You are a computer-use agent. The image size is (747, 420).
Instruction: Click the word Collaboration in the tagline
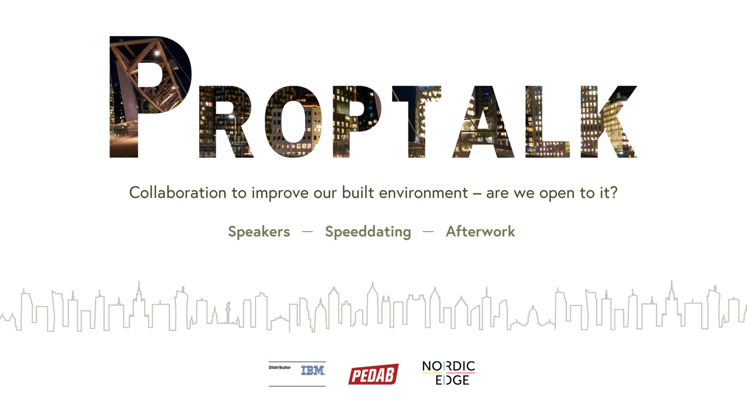click(178, 193)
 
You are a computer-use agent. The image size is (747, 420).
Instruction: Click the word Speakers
click(259, 231)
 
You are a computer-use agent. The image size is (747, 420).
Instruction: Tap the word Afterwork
click(481, 231)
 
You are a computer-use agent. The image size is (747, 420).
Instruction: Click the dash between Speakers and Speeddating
click(308, 232)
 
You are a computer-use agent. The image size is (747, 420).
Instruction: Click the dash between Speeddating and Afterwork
click(428, 232)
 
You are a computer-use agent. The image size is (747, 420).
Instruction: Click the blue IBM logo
click(313, 371)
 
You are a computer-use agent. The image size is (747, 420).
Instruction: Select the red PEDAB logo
click(373, 374)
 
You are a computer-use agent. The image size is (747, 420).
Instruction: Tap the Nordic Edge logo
click(449, 373)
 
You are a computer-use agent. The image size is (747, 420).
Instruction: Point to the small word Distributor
click(280, 367)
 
